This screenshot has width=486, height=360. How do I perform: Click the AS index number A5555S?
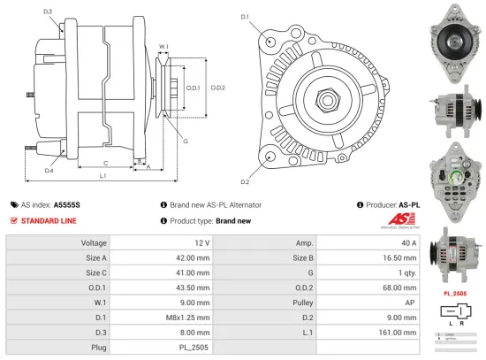66,204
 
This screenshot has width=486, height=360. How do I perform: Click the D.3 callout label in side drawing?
47,11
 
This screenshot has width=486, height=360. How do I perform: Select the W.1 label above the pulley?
163,46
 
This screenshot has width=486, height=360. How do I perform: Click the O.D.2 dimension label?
218,87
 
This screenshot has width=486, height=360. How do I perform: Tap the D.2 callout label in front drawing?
245,182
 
